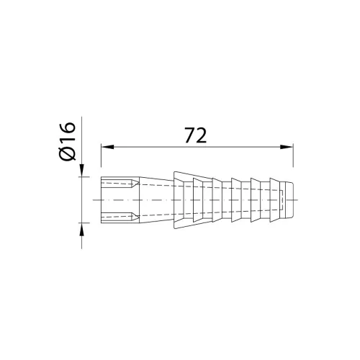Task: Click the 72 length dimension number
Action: tap(196, 135)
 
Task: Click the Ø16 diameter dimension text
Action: tap(67, 141)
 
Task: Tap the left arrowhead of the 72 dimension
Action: tap(107, 147)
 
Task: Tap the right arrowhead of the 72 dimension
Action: tap(287, 147)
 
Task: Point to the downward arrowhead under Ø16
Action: tap(82, 170)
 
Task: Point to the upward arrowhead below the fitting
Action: tap(82, 229)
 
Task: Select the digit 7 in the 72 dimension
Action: tap(190, 135)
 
